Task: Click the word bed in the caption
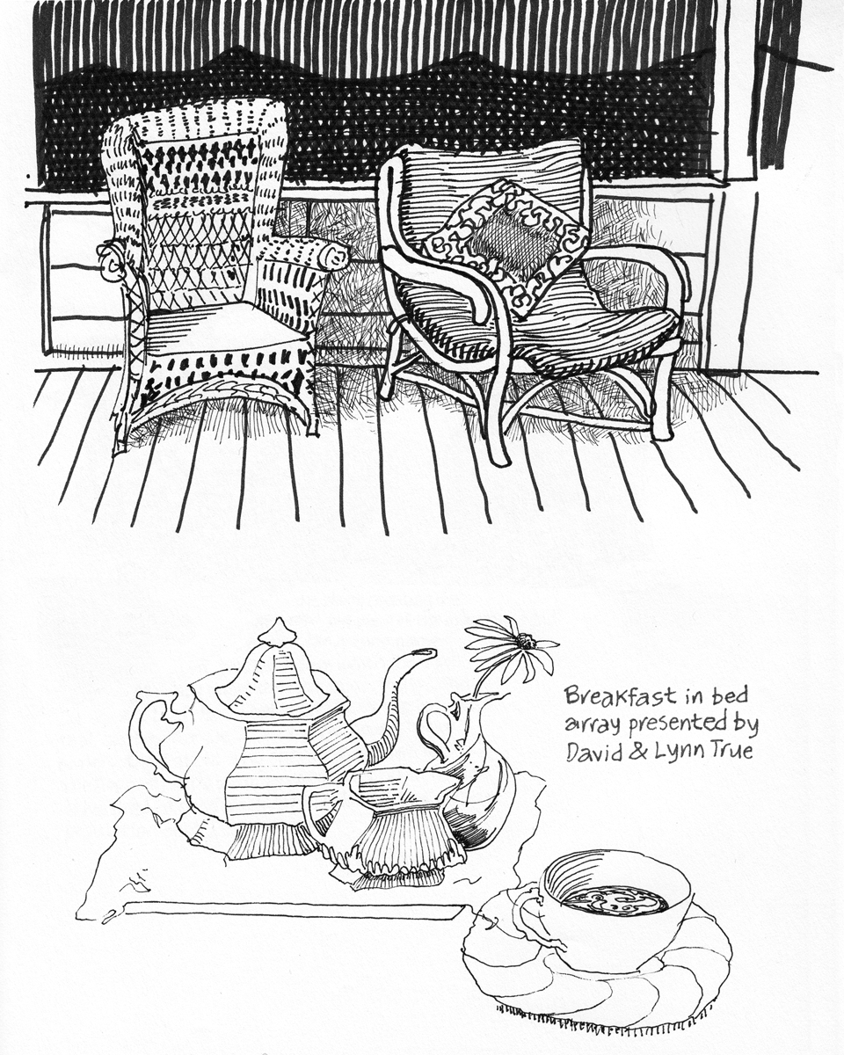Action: pos(731,696)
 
